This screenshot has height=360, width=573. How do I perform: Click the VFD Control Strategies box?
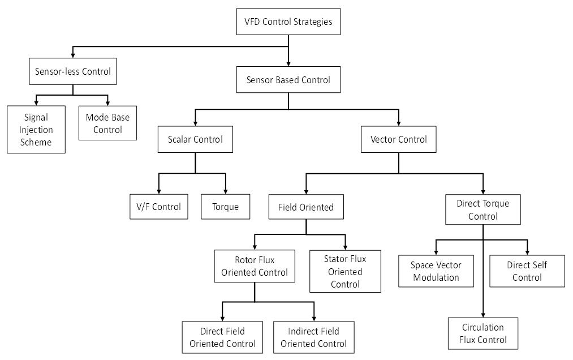coord(288,23)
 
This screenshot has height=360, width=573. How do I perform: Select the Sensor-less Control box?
coord(73,72)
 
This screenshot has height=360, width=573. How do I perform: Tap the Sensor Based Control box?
coord(288,80)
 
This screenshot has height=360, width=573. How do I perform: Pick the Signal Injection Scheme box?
coord(36,130)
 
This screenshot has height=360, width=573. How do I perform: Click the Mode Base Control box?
coord(107,123)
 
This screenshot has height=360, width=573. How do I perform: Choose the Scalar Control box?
coord(195,139)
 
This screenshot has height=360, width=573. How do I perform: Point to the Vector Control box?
coord(399,139)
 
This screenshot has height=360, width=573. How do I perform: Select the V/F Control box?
coord(158,207)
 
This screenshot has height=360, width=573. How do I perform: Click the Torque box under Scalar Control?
coord(225,207)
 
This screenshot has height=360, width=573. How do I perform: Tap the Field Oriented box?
coord(306,207)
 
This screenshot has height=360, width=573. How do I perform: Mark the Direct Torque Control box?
coord(483,209)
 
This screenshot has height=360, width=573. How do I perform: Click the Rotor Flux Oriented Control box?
coord(255,266)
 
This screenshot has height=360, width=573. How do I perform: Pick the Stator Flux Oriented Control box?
coord(345,272)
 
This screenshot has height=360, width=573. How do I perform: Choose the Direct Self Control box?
coord(527,271)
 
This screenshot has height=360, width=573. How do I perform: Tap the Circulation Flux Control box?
coord(483,333)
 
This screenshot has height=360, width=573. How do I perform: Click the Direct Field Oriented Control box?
coord(222,337)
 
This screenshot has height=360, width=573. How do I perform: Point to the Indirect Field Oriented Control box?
coord(313,337)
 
